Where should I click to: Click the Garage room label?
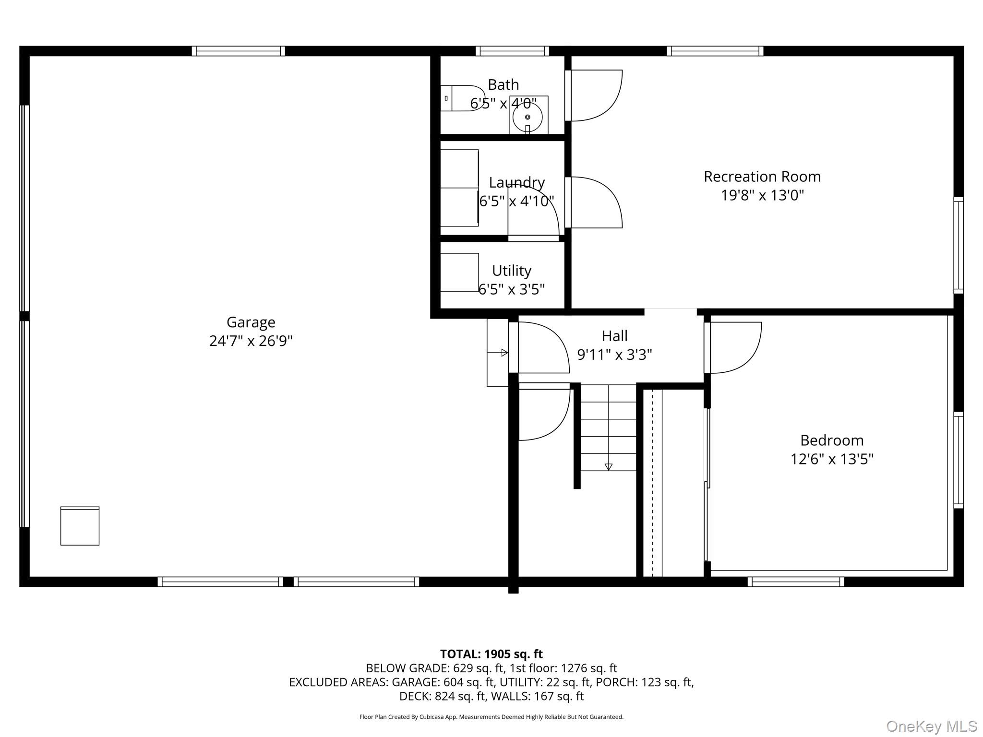pyautogui.click(x=251, y=322)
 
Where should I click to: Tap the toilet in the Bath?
pyautogui.click(x=463, y=98)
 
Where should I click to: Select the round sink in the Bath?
pyautogui.click(x=527, y=117)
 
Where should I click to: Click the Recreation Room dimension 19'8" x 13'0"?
pyautogui.click(x=762, y=195)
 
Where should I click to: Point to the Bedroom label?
pyautogui.click(x=832, y=440)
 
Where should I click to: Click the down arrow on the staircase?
pyautogui.click(x=609, y=466)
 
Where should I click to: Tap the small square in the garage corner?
pyautogui.click(x=80, y=526)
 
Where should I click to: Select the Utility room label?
pyautogui.click(x=512, y=271)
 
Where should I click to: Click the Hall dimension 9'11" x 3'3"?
pyautogui.click(x=614, y=355)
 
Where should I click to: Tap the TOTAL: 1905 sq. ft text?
pyautogui.click(x=491, y=654)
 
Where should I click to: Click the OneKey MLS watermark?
pyautogui.click(x=931, y=726)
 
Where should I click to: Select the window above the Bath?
pyautogui.click(x=512, y=51)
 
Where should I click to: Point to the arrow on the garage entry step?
pyautogui.click(x=503, y=353)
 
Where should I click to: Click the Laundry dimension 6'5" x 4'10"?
pyautogui.click(x=516, y=201)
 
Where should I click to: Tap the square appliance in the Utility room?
pyautogui.click(x=459, y=272)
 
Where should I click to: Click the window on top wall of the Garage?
pyautogui.click(x=238, y=51)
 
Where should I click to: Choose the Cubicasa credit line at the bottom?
pyautogui.click(x=491, y=717)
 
